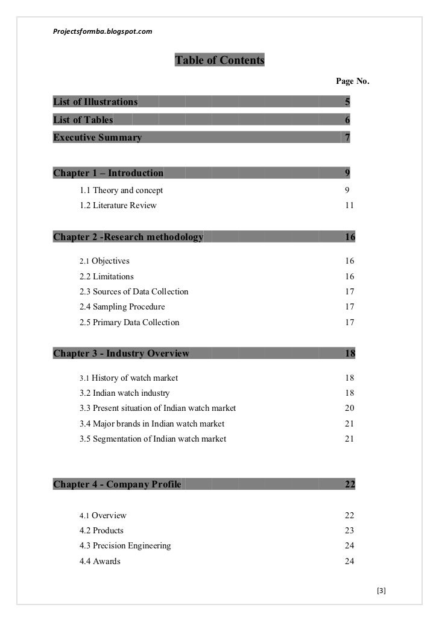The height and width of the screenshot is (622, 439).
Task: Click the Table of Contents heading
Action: [x=219, y=61]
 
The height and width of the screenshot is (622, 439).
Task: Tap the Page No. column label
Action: [x=352, y=80]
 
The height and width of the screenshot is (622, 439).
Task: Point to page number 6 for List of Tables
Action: [x=347, y=119]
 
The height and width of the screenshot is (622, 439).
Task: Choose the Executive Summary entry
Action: [x=98, y=138]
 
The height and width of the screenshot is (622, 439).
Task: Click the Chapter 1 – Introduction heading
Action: [x=109, y=174]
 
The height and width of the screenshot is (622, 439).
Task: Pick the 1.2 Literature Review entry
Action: [x=118, y=205]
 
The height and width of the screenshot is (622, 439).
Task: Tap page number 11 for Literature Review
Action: [x=349, y=205]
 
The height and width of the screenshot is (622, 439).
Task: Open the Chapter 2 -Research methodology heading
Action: [x=128, y=237]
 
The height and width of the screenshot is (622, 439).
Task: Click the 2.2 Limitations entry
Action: [x=107, y=276]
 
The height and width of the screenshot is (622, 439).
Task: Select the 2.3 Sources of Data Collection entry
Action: [x=134, y=291]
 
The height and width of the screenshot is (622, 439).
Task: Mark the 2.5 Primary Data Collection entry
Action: [x=130, y=322]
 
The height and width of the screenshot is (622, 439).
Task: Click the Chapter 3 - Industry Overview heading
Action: [x=121, y=353]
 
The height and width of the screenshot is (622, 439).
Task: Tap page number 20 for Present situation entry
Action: [x=349, y=408]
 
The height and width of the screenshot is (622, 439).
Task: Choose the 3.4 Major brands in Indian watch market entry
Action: [x=152, y=424]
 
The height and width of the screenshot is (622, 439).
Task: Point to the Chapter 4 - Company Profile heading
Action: [x=117, y=484]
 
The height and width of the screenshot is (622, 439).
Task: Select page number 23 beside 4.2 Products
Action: [x=349, y=530]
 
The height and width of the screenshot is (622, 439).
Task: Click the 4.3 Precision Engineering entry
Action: [x=125, y=545]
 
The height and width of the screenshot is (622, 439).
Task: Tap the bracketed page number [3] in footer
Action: [x=380, y=591]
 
